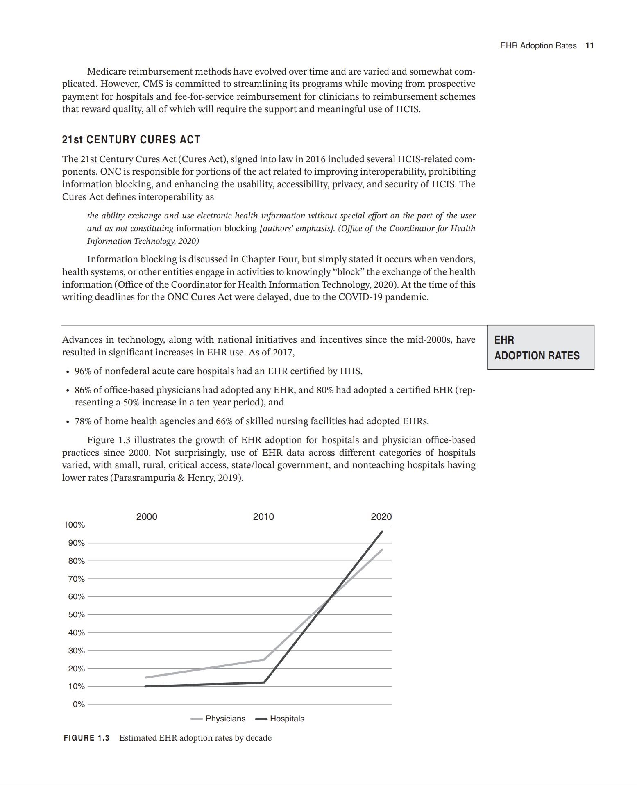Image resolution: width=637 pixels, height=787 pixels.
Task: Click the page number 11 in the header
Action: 589,45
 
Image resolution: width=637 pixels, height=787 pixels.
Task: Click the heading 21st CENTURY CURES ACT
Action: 131,140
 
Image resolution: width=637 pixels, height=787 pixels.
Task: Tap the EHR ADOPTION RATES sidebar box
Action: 540,348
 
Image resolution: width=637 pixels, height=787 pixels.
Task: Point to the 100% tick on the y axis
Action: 74,525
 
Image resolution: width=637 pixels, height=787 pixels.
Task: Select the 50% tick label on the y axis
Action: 76,614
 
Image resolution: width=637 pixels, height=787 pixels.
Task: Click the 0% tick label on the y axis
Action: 79,704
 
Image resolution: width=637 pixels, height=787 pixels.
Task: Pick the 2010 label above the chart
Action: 263,516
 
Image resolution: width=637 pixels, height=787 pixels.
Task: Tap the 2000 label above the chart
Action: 147,516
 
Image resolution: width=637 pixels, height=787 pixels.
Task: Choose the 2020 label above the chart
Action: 381,516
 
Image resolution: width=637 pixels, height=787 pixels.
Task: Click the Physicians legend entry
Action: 225,719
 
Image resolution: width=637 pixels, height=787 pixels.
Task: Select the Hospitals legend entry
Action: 287,719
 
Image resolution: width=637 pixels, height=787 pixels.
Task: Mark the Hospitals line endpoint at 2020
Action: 382,532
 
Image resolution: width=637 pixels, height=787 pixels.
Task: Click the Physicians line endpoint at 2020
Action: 382,550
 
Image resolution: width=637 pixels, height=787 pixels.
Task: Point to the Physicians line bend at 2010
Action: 264,660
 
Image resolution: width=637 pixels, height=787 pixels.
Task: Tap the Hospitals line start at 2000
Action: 146,686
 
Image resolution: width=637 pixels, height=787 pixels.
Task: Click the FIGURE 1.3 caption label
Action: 86,738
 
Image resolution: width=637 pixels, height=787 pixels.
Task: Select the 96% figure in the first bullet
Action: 83,371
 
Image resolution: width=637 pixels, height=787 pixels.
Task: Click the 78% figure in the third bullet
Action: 83,421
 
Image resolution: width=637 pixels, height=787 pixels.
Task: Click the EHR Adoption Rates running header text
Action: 538,45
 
